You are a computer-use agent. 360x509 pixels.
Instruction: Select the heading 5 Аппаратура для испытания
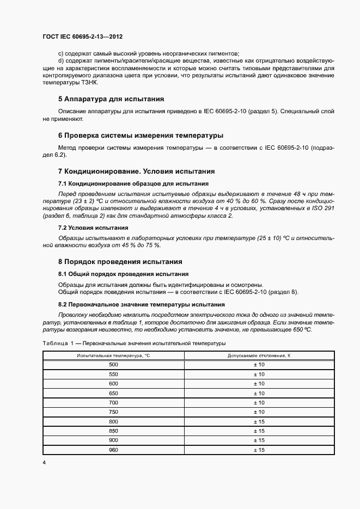click(111, 99)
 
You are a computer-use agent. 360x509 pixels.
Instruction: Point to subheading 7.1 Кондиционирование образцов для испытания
click(133, 183)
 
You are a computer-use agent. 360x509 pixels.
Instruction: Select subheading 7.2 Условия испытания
click(93, 228)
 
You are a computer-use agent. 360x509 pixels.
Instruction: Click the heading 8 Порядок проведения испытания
click(120, 261)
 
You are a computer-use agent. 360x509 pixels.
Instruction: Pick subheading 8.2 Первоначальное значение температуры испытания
click(141, 305)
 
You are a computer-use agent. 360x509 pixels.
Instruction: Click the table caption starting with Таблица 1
click(134, 344)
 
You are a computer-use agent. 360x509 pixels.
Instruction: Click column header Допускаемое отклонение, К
click(259, 355)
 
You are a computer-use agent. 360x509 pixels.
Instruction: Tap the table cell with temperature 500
click(113, 364)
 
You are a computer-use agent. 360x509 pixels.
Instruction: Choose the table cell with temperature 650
click(113, 393)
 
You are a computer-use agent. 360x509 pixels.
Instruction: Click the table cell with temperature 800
click(113, 421)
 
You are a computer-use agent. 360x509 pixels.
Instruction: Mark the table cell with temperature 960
click(113, 450)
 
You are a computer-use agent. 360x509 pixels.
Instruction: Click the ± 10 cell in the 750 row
click(259, 412)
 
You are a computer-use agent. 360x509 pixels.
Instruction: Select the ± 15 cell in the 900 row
click(259, 440)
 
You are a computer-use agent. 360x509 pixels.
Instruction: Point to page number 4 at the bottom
click(44, 462)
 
